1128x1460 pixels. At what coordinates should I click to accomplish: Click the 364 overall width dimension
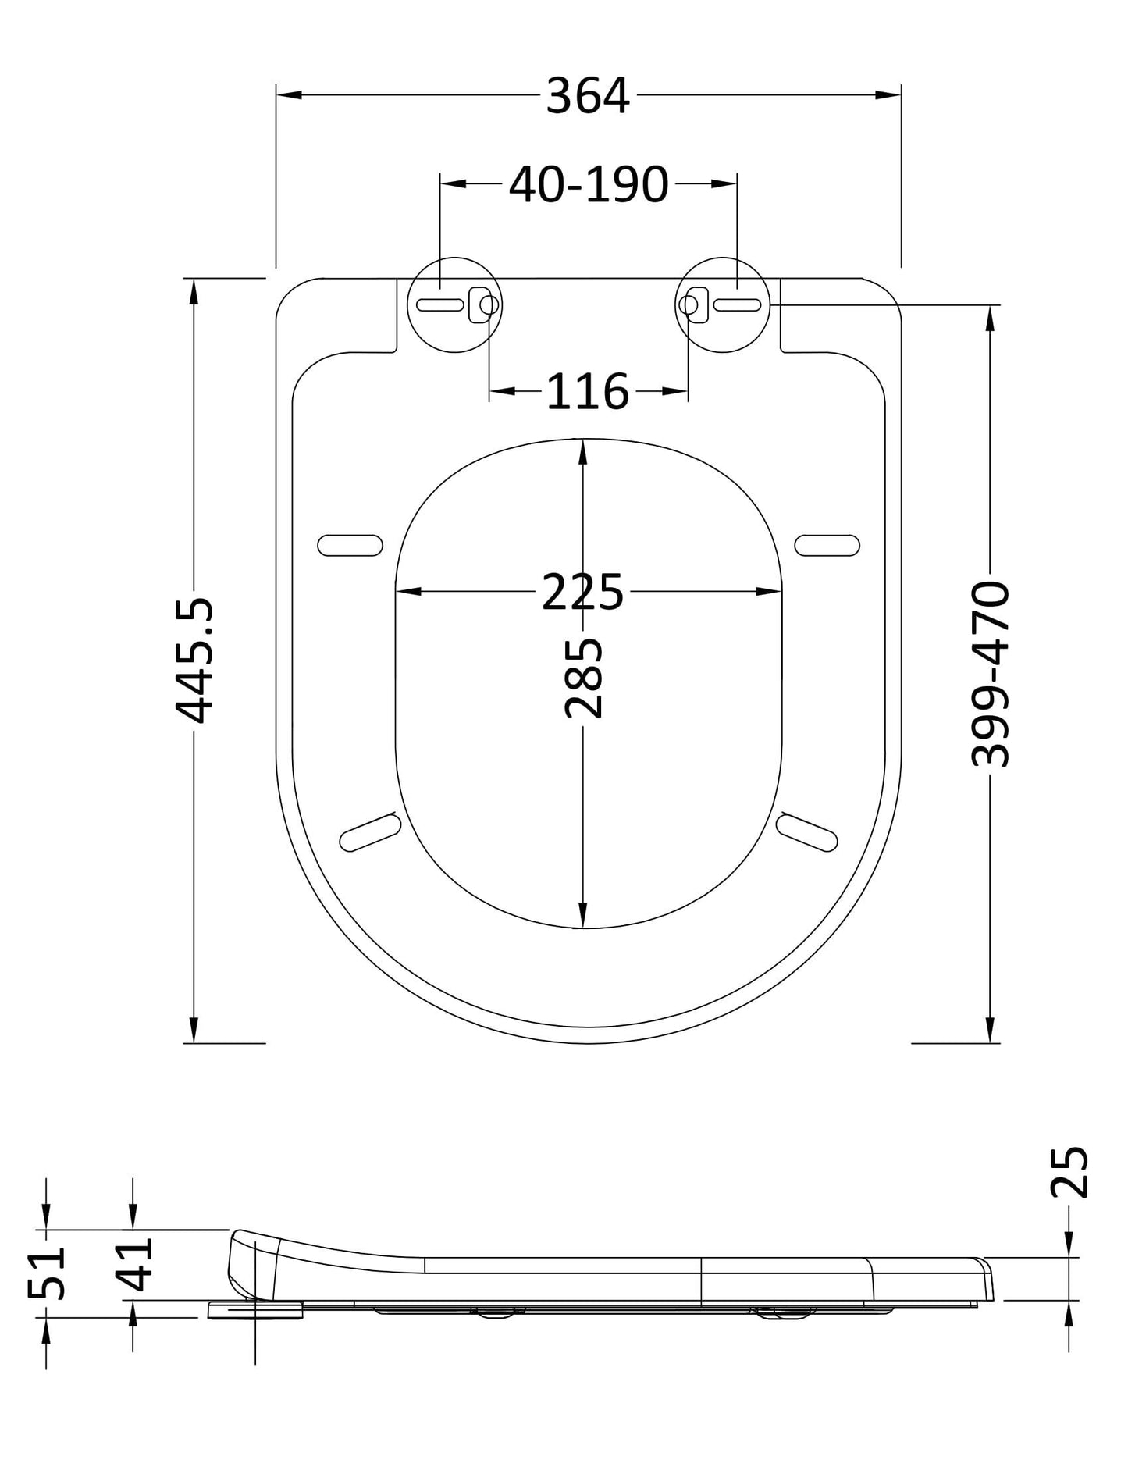pos(587,97)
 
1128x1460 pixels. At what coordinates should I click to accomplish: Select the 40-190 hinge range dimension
pos(589,185)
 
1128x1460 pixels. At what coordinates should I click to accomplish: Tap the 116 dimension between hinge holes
pos(587,391)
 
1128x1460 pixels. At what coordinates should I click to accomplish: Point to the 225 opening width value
pos(582,592)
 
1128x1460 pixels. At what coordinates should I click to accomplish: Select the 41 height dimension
pos(133,1265)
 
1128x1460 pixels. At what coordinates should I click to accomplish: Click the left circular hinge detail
pos(456,304)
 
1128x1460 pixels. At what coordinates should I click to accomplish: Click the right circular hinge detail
pos(723,304)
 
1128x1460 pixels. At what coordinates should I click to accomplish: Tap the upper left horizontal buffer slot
pos(350,545)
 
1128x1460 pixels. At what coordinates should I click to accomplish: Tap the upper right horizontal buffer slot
pos(827,545)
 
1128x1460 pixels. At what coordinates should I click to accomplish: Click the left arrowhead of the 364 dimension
pos(289,95)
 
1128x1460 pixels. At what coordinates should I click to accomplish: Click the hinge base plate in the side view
pos(255,1310)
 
